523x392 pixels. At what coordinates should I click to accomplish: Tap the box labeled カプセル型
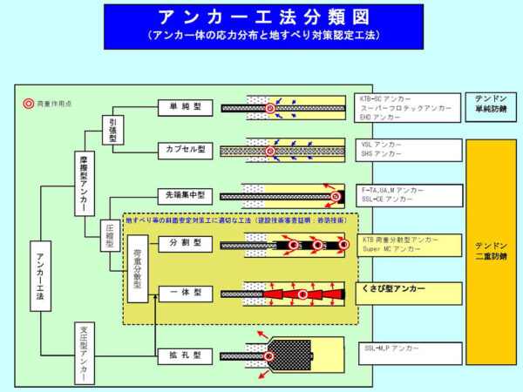pos(184,149)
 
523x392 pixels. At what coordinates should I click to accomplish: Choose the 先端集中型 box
pos(184,193)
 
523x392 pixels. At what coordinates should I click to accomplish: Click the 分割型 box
pos(184,243)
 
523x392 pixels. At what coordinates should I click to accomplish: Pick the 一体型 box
pos(184,294)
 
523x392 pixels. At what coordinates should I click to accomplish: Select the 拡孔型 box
pos(184,355)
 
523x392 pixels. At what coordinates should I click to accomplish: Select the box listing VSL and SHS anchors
pos(409,149)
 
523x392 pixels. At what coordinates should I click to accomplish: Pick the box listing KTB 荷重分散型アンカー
pos(409,245)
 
